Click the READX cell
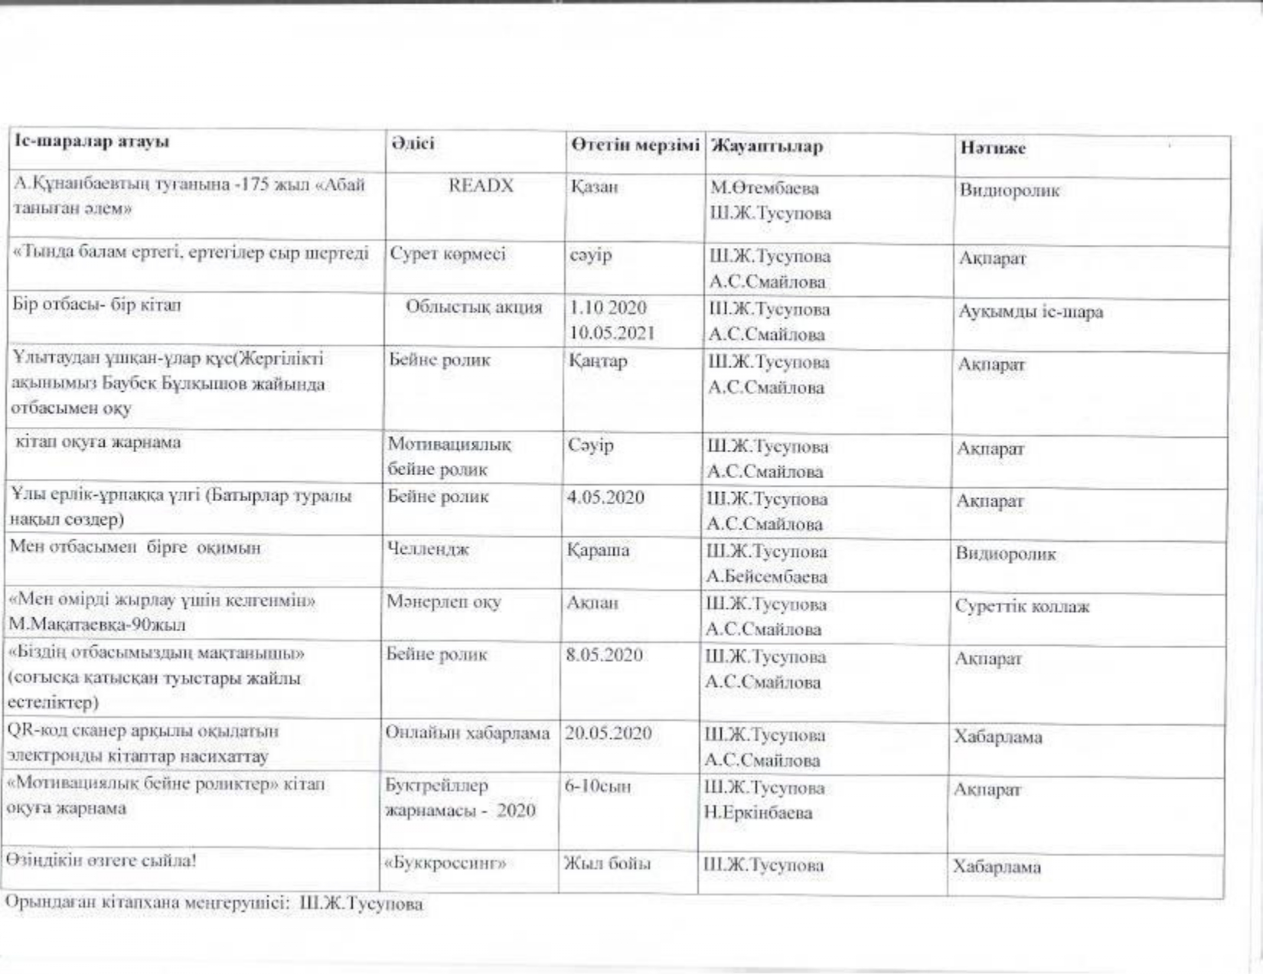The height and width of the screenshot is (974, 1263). [x=481, y=186]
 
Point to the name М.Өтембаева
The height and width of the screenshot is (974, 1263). [x=764, y=188]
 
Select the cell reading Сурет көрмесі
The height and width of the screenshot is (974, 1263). [x=448, y=254]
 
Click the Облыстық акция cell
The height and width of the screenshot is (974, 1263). [x=474, y=308]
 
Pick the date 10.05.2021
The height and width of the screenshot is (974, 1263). [x=612, y=334]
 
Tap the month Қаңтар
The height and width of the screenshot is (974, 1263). [x=598, y=360]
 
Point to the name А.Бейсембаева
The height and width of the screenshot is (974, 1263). [x=766, y=577]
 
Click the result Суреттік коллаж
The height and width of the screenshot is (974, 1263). [x=1021, y=607]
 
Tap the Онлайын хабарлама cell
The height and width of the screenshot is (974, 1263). [x=468, y=733]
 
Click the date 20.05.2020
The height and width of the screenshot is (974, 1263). [x=608, y=733]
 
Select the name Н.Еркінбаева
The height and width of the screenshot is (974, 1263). [x=758, y=813]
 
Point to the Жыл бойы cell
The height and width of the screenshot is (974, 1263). [x=607, y=865]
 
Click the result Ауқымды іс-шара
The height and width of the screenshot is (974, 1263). [x=1030, y=312]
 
